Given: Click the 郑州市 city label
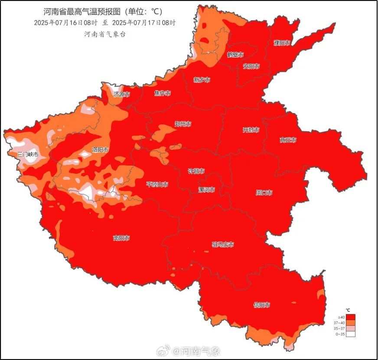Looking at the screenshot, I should click(183, 124).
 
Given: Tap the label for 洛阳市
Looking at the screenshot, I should click(100, 149).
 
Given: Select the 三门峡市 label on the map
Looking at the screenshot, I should click(28, 155).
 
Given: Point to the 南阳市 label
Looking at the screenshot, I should click(121, 238).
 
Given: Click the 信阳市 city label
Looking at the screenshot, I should click(262, 305).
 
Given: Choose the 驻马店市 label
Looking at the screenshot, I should click(223, 245).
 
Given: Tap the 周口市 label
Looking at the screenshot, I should click(264, 192).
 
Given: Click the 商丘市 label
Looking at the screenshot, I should click(288, 140).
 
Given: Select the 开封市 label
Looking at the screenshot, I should click(251, 130).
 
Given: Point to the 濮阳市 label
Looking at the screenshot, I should click(282, 43).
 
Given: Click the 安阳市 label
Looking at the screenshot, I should click(251, 66).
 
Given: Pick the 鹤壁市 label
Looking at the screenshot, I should click(235, 55).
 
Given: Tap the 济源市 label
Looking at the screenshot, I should click(121, 94).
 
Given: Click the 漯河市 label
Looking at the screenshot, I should click(206, 190).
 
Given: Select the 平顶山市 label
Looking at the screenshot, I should click(157, 184).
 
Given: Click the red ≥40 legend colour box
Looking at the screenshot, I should click(351, 317).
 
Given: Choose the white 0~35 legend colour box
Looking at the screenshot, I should click(351, 334).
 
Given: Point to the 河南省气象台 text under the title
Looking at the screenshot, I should click(104, 34).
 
